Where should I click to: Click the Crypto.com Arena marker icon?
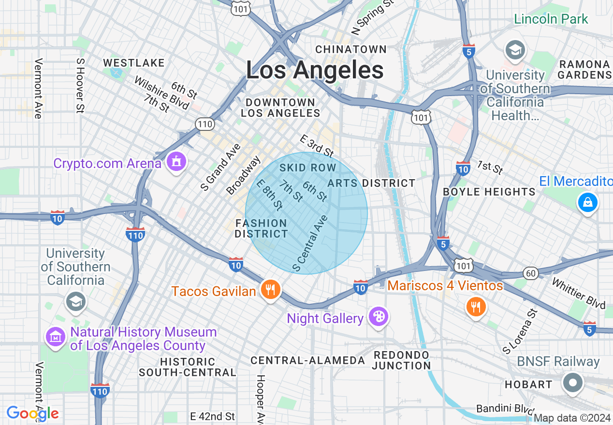176,162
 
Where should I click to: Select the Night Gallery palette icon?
378,317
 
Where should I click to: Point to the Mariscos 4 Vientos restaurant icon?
476,306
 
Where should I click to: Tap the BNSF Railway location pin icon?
573,383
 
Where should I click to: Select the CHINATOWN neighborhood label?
351,49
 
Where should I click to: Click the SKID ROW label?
307,168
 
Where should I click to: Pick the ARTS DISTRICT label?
371,183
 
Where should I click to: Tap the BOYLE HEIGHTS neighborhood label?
489,192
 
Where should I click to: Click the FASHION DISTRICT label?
261,228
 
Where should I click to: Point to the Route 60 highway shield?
531,273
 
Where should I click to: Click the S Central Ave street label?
310,243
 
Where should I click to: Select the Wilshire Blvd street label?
162,93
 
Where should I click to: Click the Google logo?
32,413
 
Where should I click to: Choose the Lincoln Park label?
551,19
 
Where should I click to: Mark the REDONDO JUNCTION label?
401,360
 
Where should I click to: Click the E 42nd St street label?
212,416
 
